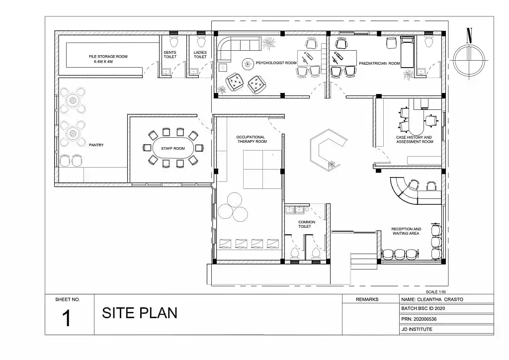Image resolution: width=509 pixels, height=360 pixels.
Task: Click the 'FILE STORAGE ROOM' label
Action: (x=108, y=57)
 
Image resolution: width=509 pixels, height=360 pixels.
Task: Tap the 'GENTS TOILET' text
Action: (x=170, y=55)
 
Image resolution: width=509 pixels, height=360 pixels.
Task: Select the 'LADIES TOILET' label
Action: (x=200, y=55)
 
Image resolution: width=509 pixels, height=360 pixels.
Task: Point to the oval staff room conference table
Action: (x=173, y=148)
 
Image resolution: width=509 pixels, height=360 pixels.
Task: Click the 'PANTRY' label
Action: (x=96, y=145)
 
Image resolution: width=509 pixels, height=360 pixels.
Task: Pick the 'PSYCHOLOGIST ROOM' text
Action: (x=276, y=63)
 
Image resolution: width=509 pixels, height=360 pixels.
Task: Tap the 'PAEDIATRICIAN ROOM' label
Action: (x=379, y=63)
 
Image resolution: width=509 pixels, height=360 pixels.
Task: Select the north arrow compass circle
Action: (x=469, y=60)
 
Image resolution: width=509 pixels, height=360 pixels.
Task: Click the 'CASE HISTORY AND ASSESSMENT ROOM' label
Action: (x=415, y=140)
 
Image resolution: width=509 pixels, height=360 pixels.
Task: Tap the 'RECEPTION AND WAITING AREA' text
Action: (x=406, y=231)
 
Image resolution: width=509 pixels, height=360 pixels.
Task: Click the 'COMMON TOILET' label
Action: (x=306, y=224)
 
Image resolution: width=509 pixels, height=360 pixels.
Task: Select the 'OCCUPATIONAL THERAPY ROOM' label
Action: (x=252, y=139)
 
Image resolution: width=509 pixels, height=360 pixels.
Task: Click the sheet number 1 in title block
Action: (x=66, y=318)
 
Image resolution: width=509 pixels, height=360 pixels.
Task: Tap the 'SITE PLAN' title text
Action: (x=140, y=313)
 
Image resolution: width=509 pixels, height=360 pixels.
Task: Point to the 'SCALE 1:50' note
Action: (x=435, y=292)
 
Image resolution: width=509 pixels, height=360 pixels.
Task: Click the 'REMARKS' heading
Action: (x=367, y=299)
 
